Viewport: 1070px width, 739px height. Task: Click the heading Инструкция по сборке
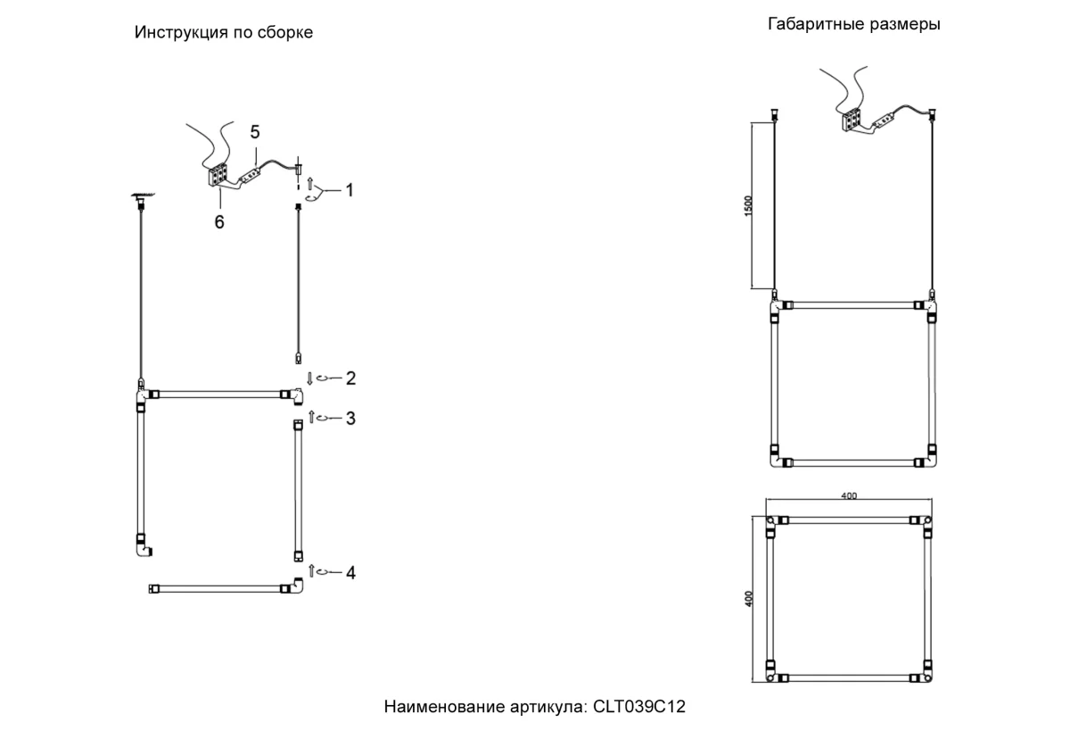(223, 33)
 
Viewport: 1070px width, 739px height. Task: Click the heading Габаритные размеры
(853, 25)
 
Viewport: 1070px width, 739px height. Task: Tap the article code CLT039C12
(639, 707)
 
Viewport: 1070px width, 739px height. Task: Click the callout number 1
(350, 190)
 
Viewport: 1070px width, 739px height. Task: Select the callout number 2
(350, 378)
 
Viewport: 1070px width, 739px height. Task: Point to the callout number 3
(350, 418)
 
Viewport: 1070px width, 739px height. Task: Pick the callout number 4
(350, 572)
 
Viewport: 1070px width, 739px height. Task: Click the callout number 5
(255, 132)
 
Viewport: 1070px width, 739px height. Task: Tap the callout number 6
(218, 222)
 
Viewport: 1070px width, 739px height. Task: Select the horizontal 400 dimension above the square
(848, 496)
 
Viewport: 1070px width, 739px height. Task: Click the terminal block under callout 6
(218, 174)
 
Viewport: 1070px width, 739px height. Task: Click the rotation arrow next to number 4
(325, 572)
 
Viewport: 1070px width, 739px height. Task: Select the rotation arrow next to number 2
(325, 378)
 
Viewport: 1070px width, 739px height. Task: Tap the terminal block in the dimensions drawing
(850, 119)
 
